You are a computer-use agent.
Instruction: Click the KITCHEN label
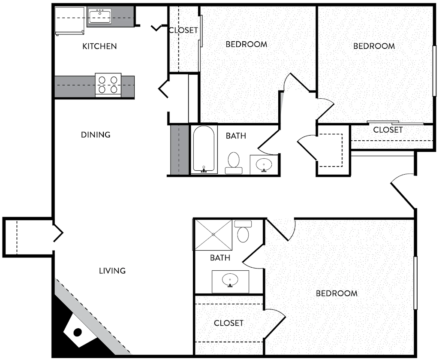click(x=99, y=46)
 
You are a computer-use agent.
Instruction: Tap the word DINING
click(x=96, y=135)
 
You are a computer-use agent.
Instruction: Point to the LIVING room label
click(x=112, y=271)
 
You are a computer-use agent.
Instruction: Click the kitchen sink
click(x=100, y=16)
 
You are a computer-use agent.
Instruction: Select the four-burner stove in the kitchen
click(x=108, y=85)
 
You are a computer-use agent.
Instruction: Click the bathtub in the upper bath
click(x=204, y=149)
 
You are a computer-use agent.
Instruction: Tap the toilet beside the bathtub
click(x=234, y=163)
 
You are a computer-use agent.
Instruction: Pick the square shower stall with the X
click(x=213, y=235)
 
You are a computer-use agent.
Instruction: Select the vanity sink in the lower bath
click(x=230, y=281)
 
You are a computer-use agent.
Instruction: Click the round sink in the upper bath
click(x=264, y=165)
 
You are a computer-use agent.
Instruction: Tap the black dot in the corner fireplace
click(x=77, y=333)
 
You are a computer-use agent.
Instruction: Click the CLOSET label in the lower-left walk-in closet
click(x=229, y=323)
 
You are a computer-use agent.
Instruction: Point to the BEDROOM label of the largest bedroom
click(x=337, y=293)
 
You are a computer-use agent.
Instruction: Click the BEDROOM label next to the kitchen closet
click(x=247, y=44)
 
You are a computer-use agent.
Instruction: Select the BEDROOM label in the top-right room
click(x=374, y=46)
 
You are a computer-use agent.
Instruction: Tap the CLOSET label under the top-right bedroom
click(x=388, y=130)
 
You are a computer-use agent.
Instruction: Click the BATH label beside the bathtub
click(x=236, y=136)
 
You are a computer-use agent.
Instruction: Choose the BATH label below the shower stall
click(x=220, y=258)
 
